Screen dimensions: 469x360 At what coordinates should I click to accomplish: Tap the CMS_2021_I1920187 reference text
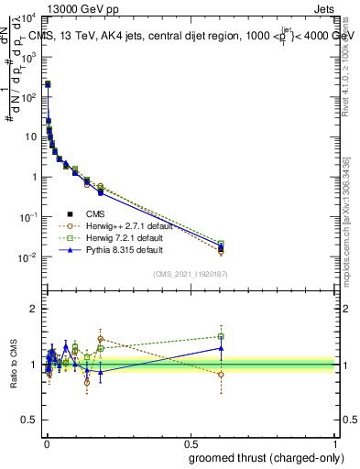click(190, 273)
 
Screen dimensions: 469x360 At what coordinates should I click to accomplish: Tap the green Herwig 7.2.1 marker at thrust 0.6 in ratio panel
click(221, 336)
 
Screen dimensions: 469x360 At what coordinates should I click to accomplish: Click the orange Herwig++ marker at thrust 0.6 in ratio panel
click(221, 374)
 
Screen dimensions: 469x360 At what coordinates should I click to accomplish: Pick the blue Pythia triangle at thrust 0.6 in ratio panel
click(221, 347)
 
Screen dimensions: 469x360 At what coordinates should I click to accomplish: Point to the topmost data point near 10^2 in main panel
click(48, 83)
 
